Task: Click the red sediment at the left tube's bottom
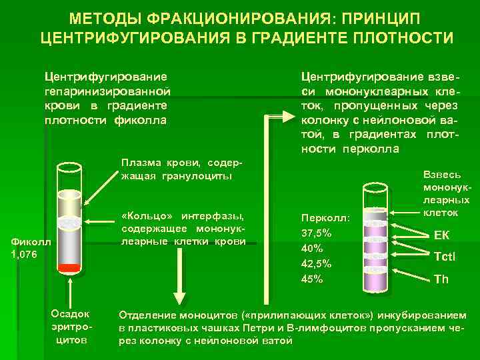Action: tap(69, 268)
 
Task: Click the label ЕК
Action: tap(441, 234)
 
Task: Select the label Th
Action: tap(441, 279)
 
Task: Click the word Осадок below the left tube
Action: tap(70, 314)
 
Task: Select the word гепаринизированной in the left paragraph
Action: tap(105, 91)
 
